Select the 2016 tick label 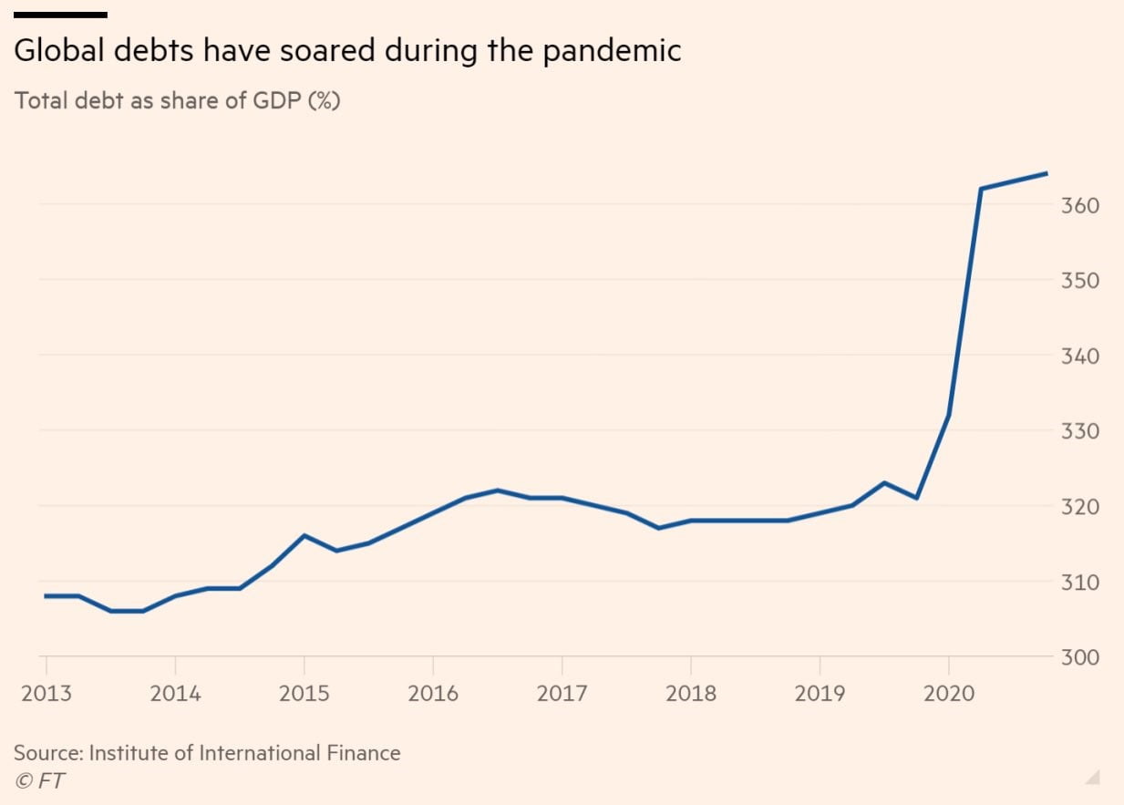[x=433, y=693]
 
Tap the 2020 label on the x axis [x=949, y=693]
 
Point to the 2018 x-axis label [x=691, y=693]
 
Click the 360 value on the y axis [x=1080, y=205]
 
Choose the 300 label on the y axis [x=1080, y=656]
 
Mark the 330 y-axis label [x=1080, y=430]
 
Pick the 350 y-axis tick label [x=1080, y=280]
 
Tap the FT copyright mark [x=39, y=780]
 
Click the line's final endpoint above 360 [x=1047, y=173]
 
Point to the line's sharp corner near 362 [x=981, y=189]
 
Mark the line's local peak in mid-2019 [x=884, y=482]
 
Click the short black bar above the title [x=60, y=15]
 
